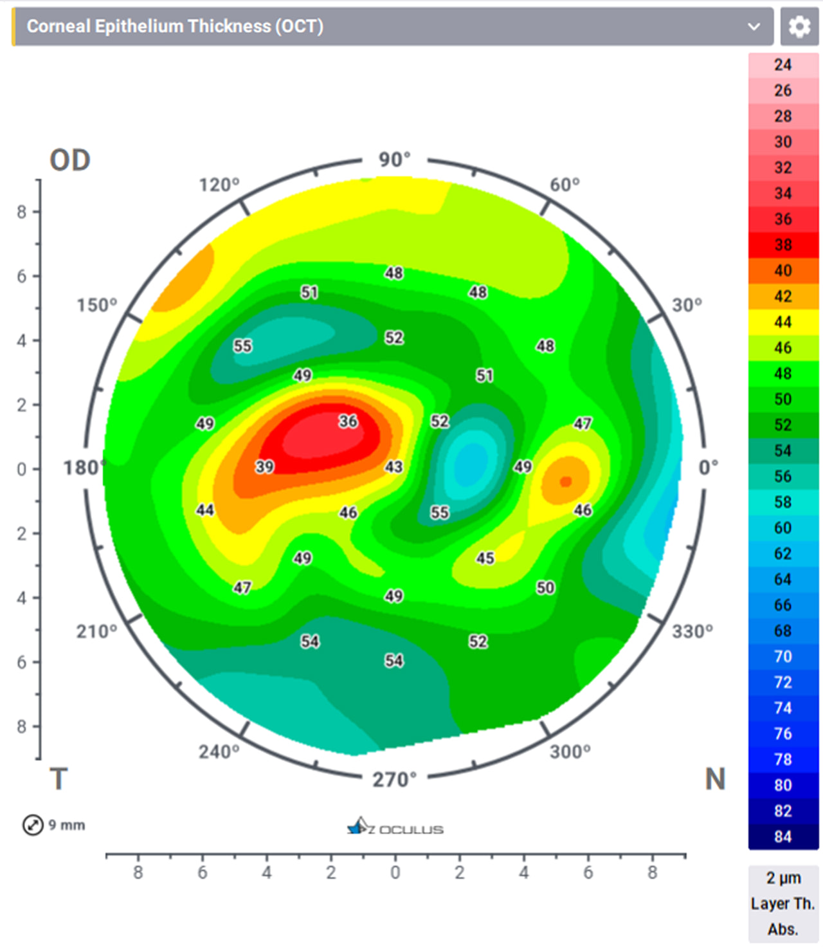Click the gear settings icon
pos(799,26)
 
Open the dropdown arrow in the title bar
pos(754,26)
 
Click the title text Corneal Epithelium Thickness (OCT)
pos(175,26)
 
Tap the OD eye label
pos(70,160)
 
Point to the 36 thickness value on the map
pos(348,421)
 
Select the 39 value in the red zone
pos(265,466)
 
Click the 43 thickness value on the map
pos(393,466)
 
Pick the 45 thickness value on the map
pos(485,558)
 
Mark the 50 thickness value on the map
pos(545,587)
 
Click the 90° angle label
pos(394,159)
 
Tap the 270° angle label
pos(394,780)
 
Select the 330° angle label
pos(692,632)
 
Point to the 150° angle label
pos(97,305)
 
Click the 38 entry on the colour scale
pos(782,245)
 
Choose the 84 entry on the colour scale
pos(782,837)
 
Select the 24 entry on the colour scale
pos(782,65)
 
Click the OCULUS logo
pos(395,827)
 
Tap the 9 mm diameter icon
pos(33,825)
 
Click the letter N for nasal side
pos(715,780)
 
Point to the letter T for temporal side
pos(59,780)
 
